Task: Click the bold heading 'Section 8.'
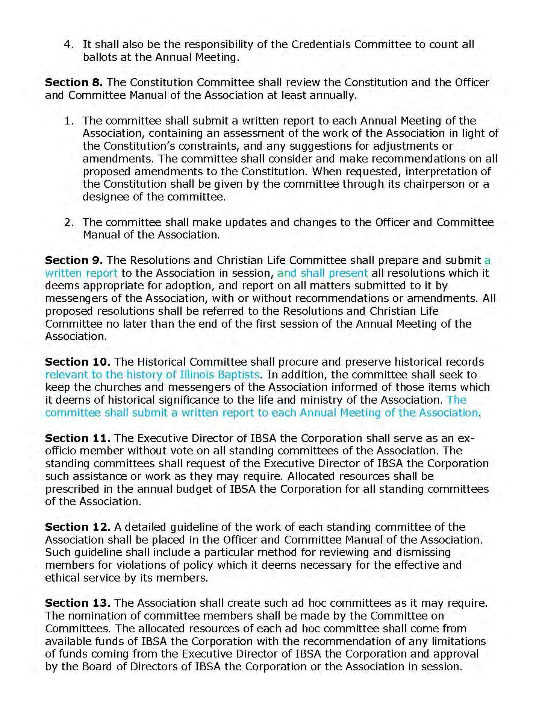tap(74, 82)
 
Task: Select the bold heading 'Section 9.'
tap(74, 260)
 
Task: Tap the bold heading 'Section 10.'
tap(77, 362)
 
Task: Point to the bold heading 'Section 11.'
tap(77, 438)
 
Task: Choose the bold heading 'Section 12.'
tap(77, 527)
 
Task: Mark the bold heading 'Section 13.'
tap(77, 603)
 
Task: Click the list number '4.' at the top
tap(68, 44)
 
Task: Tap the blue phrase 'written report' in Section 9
tap(81, 273)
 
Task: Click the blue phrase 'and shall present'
tap(322, 273)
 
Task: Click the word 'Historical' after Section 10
tap(162, 362)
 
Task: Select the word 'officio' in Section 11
tap(61, 451)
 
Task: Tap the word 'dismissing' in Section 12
tap(424, 552)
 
